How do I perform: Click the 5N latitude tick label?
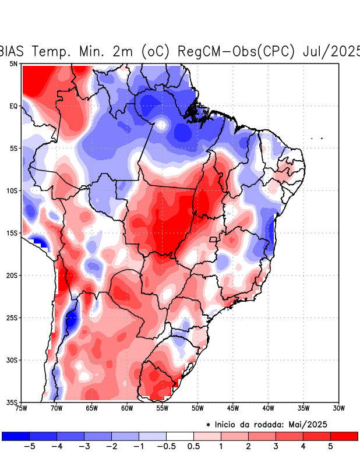pos(13,63)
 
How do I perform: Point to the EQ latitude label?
pos(13,106)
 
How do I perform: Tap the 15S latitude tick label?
pos(12,233)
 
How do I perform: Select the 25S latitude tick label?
pos(12,317)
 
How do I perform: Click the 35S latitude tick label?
pos(12,402)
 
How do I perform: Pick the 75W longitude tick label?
pos(22,408)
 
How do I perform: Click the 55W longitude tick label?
pos(162,408)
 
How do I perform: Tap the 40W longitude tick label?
pos(268,408)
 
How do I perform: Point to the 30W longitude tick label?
pos(338,408)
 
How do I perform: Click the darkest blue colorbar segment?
pos(16,436)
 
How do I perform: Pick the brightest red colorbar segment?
pos(344,436)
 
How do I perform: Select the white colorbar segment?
pos(180,436)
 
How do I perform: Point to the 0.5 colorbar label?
pos(193,447)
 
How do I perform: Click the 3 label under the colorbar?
pos(276,447)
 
